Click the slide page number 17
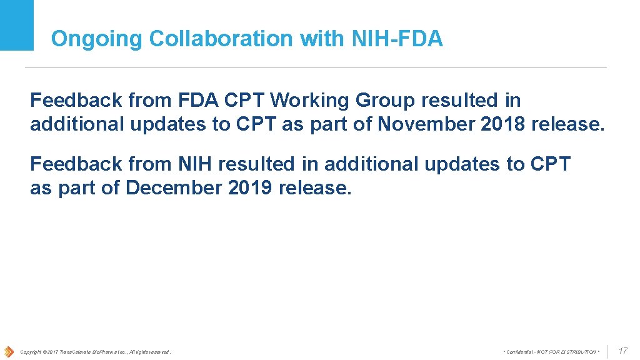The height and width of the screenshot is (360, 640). coord(622,351)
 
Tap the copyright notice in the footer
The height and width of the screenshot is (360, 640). coord(95,352)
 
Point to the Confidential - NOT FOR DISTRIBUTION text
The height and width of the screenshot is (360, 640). coord(551,352)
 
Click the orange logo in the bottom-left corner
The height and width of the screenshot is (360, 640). coord(8,351)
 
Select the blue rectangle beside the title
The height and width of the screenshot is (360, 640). coord(17,25)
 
